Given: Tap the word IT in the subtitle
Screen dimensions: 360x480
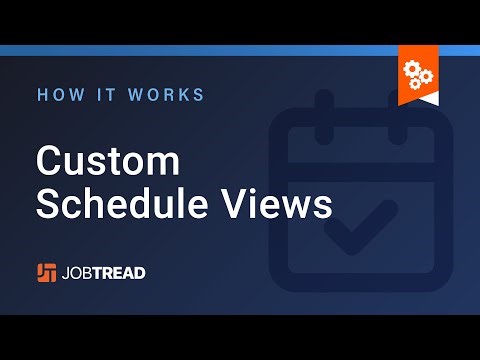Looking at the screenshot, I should point(107,95).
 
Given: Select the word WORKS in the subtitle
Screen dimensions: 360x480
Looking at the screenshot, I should point(167,95).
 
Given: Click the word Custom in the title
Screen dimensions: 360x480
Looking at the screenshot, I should point(108,162).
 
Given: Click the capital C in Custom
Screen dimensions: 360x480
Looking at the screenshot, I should point(49,162).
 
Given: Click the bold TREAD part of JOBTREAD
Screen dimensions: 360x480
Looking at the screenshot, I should point(131,272).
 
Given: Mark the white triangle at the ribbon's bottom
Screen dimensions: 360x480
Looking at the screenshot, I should point(417,97).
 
